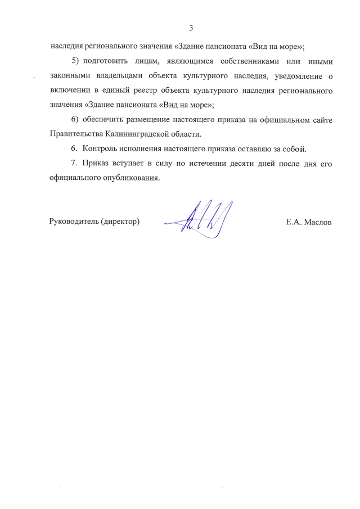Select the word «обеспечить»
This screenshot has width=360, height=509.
pos(103,119)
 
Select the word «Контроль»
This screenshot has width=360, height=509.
pos(100,149)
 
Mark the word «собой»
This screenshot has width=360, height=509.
pos(293,149)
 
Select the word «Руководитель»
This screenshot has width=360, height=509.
pos(73,222)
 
